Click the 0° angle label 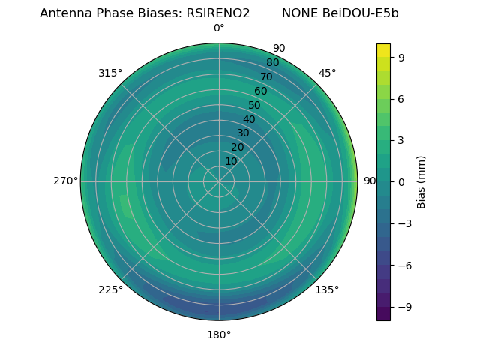(219, 28)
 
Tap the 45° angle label (327, 73)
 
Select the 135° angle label (327, 289)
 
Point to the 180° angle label (219, 334)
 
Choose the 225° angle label (110, 289)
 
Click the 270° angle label (65, 181)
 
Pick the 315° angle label (110, 73)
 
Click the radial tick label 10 (231, 161)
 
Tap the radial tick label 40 (249, 119)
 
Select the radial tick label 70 (266, 76)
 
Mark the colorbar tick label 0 (402, 182)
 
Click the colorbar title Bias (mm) (421, 182)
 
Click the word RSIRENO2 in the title (218, 13)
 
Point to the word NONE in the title (298, 13)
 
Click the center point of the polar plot (219, 181)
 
